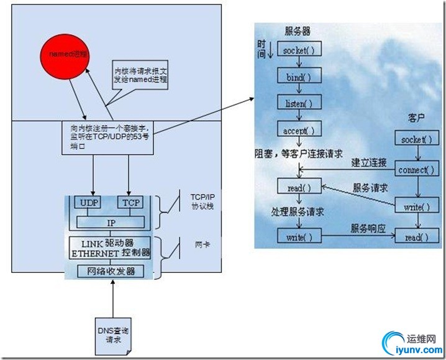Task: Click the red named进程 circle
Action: pos(66,55)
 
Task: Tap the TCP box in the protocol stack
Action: pos(131,202)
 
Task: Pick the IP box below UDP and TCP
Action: pos(110,222)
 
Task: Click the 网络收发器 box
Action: pos(110,272)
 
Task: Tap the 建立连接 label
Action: pos(369,163)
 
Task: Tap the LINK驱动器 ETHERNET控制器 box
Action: pos(110,247)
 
